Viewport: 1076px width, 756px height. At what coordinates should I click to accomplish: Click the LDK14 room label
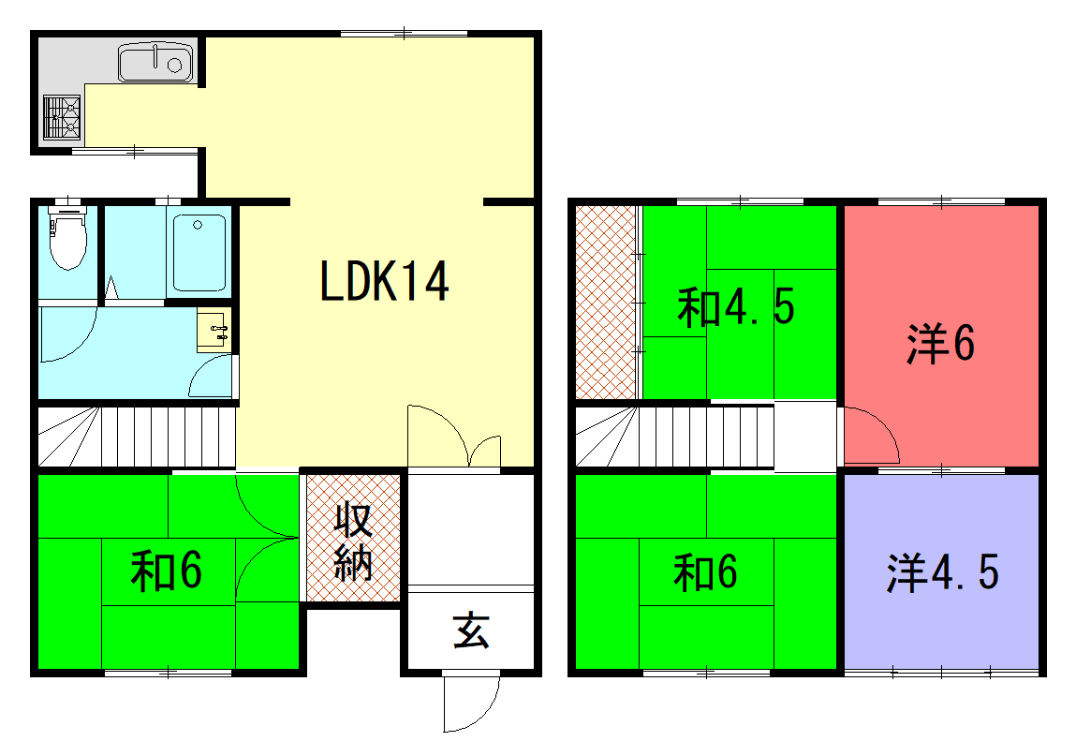coord(384,282)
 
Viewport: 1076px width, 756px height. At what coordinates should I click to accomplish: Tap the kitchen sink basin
coord(155,63)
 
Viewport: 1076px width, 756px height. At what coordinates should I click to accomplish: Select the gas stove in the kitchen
coord(62,117)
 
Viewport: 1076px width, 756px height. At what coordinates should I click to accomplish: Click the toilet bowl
coord(67,238)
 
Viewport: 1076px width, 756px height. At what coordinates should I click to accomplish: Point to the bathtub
coord(199,253)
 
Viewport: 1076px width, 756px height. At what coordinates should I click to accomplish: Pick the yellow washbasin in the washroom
coord(214,331)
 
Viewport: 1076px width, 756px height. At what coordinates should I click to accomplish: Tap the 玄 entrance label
coord(471,630)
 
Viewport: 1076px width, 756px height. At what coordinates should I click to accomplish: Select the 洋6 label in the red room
coord(940,343)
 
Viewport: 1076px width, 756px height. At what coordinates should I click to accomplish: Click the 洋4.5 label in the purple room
coord(942,572)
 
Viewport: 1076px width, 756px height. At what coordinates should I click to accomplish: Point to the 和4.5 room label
coord(736,307)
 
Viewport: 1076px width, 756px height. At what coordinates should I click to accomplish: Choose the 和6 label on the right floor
coord(705,572)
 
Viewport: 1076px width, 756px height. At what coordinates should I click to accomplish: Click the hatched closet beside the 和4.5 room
coord(605,303)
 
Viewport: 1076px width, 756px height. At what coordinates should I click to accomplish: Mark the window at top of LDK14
coord(405,33)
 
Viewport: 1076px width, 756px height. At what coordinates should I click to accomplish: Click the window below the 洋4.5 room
coord(941,673)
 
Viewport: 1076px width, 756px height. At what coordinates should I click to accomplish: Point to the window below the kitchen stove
coord(135,151)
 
